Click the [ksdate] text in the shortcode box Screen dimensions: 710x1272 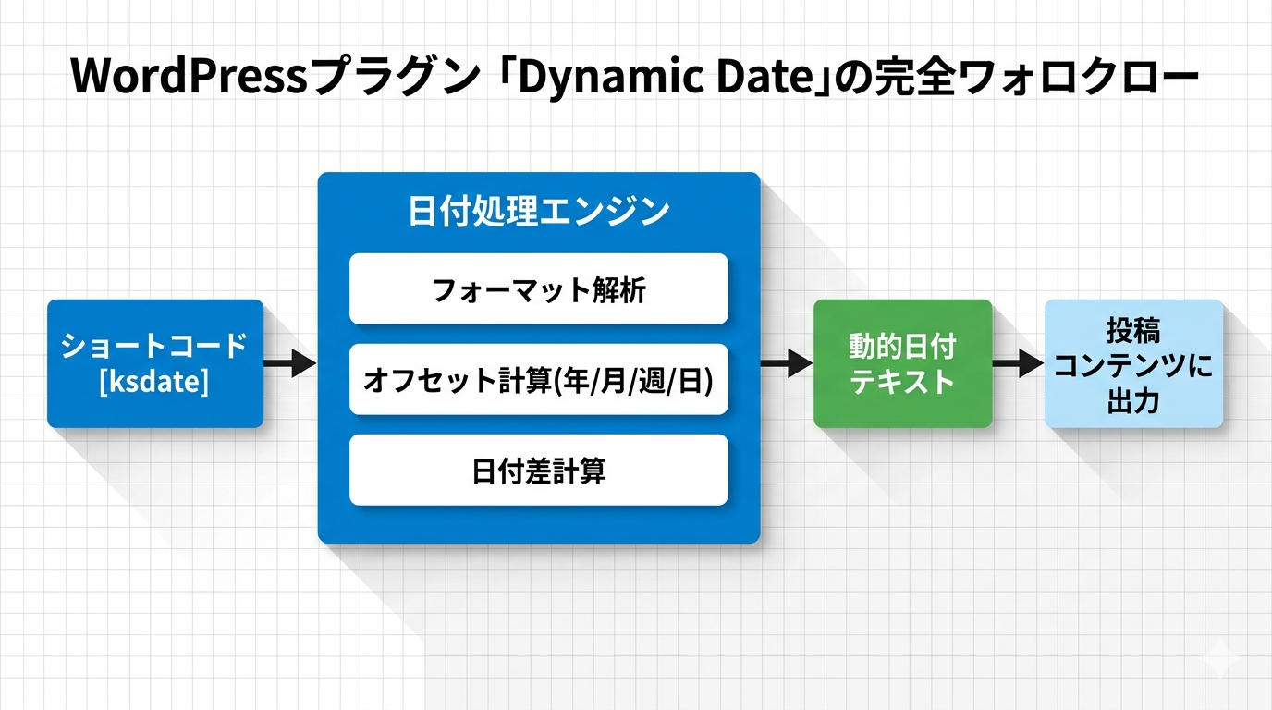coord(154,380)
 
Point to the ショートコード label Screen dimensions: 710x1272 coord(154,346)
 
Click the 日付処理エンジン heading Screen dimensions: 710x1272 coord(538,212)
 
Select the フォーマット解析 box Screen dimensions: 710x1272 coord(538,289)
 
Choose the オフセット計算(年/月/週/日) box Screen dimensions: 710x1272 coord(538,380)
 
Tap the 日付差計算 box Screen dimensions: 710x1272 coord(538,471)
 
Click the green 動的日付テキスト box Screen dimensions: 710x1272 coord(902,363)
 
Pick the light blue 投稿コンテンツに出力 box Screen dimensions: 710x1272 coord(1133,363)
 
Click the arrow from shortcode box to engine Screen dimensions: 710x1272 coord(290,363)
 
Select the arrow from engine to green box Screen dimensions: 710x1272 coord(786,363)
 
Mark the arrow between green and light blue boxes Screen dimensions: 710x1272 coord(1018,363)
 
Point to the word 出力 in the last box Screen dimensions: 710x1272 coord(1133,403)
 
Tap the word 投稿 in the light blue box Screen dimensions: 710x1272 coord(1133,330)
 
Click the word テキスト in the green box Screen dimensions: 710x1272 coord(902,381)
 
